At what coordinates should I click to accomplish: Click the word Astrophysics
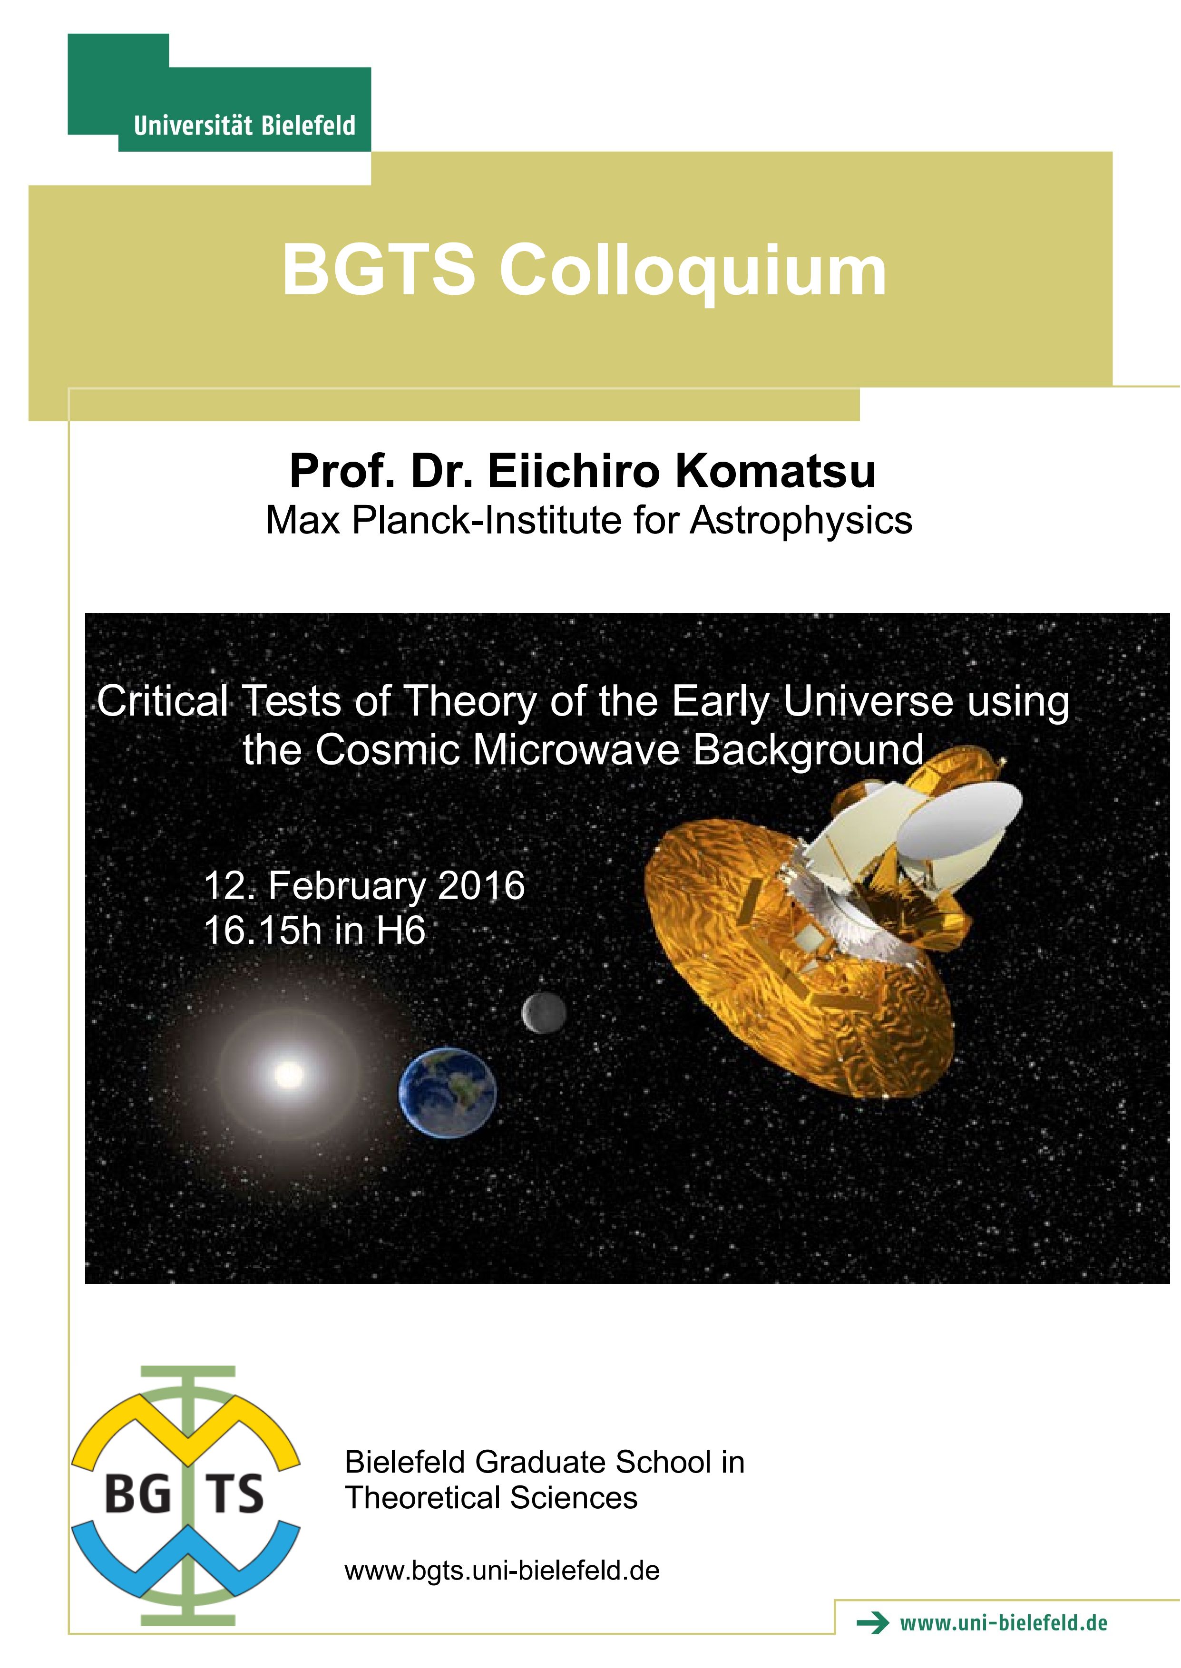click(x=800, y=522)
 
